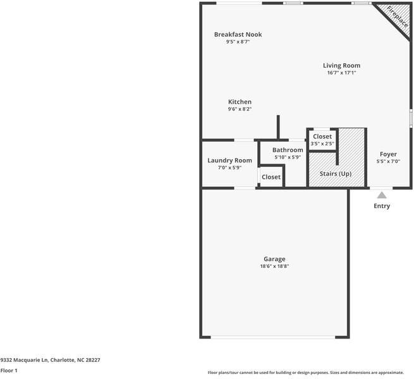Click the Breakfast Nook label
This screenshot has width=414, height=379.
coord(238,35)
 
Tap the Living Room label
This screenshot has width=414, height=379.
coord(341,65)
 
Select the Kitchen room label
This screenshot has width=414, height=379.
coord(240,102)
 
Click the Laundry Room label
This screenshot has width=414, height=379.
coord(229,160)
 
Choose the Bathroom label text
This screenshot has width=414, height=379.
coord(288,150)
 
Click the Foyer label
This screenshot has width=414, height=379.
coord(388,154)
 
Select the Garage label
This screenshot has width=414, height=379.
coord(274,259)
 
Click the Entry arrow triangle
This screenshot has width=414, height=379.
coord(382,195)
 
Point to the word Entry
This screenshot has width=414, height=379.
coord(382,206)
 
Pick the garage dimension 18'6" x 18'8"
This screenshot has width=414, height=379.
coord(274,267)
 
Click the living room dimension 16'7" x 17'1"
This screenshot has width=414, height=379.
coord(341,73)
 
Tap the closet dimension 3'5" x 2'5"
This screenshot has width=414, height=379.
coord(322,144)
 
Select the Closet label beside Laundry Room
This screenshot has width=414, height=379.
coord(271,177)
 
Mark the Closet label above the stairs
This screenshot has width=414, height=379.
coord(322,136)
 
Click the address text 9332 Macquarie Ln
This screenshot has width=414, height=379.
coord(25,360)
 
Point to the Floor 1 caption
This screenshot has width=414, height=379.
coord(9,371)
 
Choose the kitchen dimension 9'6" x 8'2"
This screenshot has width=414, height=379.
coord(240,109)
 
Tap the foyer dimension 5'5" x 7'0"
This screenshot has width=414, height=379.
coord(388,162)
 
